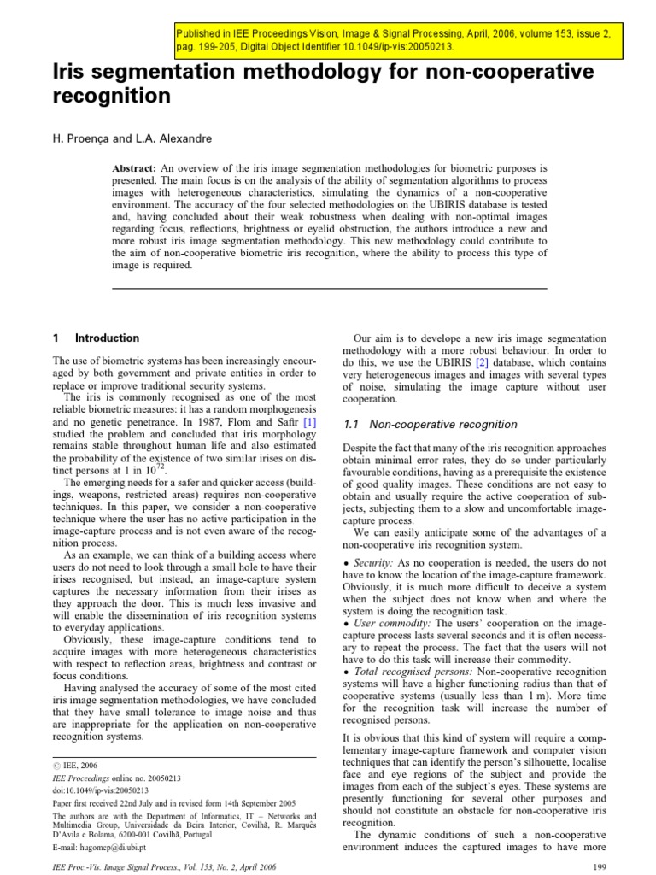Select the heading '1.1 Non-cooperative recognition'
point(429,425)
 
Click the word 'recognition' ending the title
point(111,97)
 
